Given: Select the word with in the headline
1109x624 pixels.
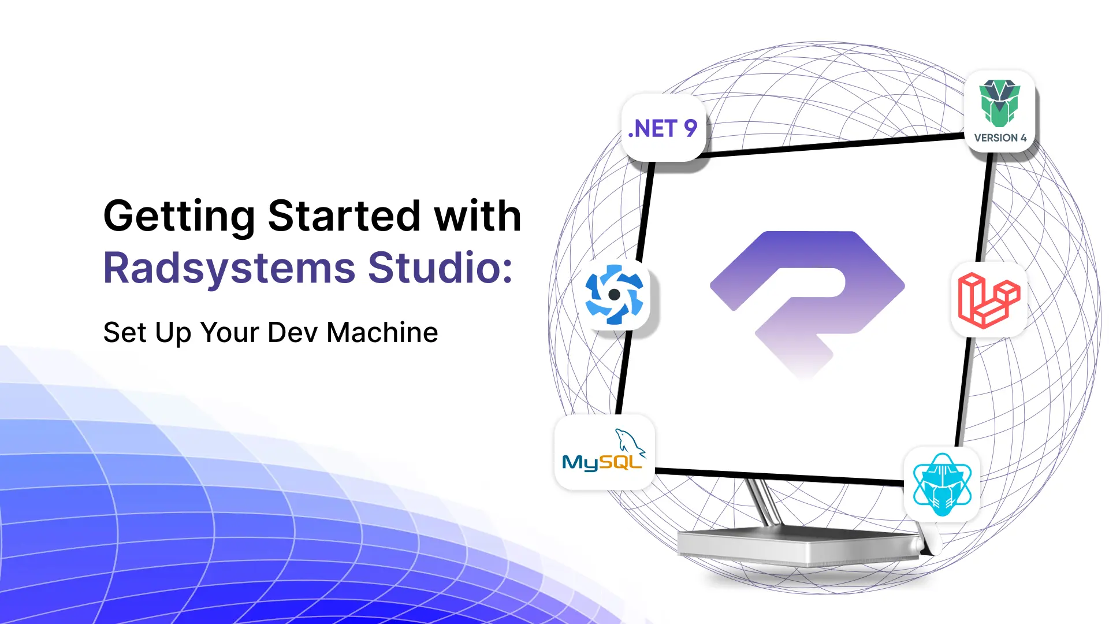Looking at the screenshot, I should (x=478, y=216).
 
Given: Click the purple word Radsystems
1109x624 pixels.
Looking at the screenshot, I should (x=229, y=268).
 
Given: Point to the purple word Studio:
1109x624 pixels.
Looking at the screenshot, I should (x=440, y=268).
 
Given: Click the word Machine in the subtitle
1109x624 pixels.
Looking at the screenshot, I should (x=382, y=333).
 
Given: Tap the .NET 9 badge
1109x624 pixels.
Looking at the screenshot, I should (x=663, y=128).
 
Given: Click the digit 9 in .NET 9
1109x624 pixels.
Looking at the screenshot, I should (x=690, y=128).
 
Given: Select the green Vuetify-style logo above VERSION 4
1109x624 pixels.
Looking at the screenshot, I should (x=999, y=103).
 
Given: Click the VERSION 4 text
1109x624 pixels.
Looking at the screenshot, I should (x=1000, y=138).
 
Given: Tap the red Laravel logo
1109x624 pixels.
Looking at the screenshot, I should (x=988, y=300).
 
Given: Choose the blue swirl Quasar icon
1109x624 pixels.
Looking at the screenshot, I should (x=614, y=295).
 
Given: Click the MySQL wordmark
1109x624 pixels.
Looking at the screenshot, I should (x=601, y=462).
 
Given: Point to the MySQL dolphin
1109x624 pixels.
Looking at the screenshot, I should (x=630, y=442).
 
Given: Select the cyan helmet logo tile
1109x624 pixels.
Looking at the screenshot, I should (x=942, y=485).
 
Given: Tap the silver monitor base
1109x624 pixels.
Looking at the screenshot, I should (x=797, y=546).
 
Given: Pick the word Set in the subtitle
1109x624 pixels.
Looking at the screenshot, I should (x=124, y=333).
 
